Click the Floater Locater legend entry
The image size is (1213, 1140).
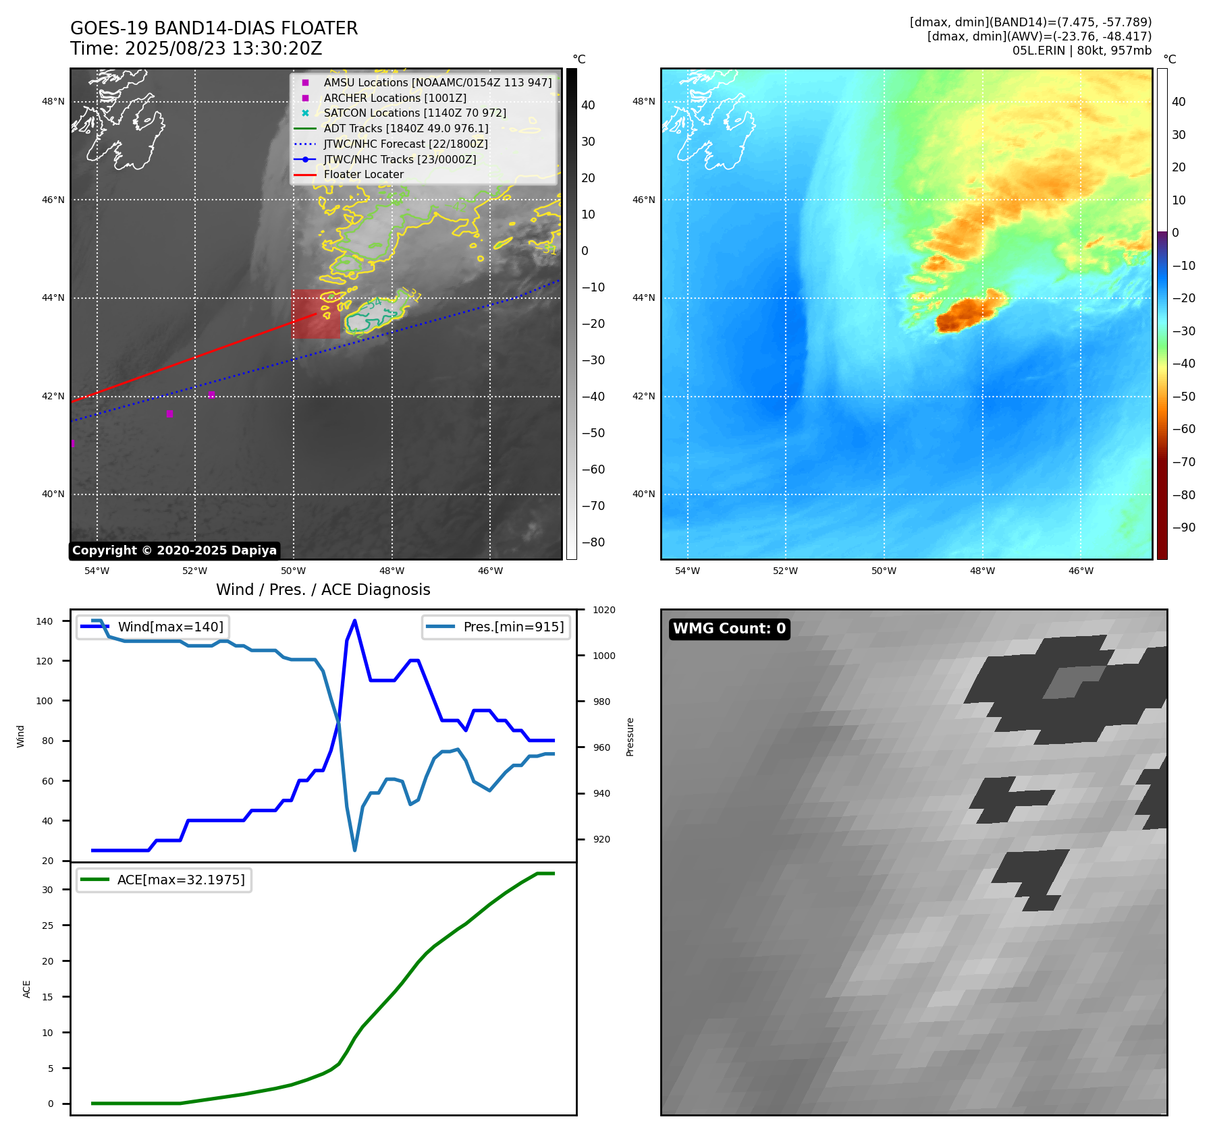(363, 175)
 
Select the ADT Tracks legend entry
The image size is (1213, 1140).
(406, 128)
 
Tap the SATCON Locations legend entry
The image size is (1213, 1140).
(414, 113)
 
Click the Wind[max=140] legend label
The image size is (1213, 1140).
(170, 627)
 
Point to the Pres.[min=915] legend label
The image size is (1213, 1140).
(513, 627)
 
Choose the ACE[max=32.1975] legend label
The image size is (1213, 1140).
(181, 880)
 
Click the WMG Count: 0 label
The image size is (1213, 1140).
(729, 629)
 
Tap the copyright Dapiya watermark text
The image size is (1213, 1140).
(174, 550)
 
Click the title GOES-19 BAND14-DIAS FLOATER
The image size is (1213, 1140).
(214, 28)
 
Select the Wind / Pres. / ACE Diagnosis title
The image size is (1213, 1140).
(323, 590)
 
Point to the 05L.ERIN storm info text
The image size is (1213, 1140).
(1081, 51)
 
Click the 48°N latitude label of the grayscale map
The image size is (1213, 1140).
(53, 102)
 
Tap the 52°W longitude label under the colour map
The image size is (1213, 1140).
(785, 571)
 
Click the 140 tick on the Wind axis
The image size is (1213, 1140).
(45, 621)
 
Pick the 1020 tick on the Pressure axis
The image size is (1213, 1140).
(604, 610)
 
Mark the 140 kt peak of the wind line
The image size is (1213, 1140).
(354, 621)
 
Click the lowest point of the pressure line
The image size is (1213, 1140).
(354, 850)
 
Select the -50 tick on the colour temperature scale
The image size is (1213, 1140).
(1183, 397)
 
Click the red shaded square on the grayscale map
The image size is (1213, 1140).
(316, 314)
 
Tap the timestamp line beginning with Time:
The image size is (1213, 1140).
(196, 49)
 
